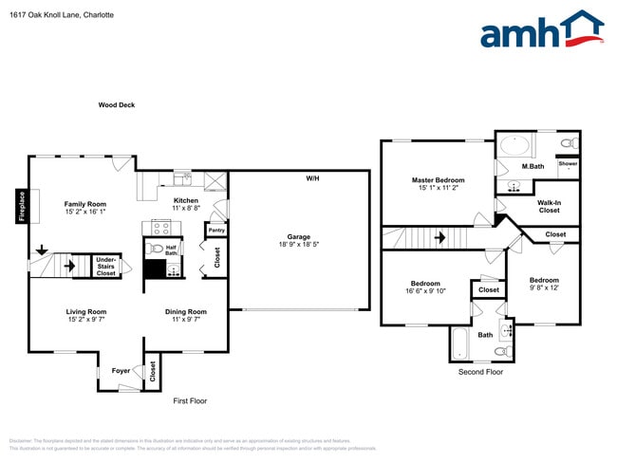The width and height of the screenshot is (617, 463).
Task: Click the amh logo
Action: click(x=541, y=30)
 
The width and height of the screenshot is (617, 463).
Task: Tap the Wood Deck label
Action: click(x=117, y=105)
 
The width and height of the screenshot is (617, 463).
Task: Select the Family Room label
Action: click(x=84, y=208)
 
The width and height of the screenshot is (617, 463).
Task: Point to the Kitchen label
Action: click(x=185, y=204)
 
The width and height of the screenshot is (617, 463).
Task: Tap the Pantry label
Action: click(x=215, y=230)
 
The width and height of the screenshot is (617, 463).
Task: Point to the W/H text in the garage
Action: click(x=312, y=179)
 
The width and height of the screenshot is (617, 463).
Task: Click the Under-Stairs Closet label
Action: click(x=106, y=266)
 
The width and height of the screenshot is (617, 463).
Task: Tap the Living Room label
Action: click(x=85, y=315)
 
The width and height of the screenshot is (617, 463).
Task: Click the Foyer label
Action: click(x=121, y=371)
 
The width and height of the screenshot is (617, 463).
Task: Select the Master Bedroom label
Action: click(x=438, y=183)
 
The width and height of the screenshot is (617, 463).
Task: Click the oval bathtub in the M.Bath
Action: click(x=515, y=146)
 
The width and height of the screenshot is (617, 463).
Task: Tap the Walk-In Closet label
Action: click(x=549, y=206)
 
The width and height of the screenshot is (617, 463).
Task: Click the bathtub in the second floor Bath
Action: click(x=460, y=343)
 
